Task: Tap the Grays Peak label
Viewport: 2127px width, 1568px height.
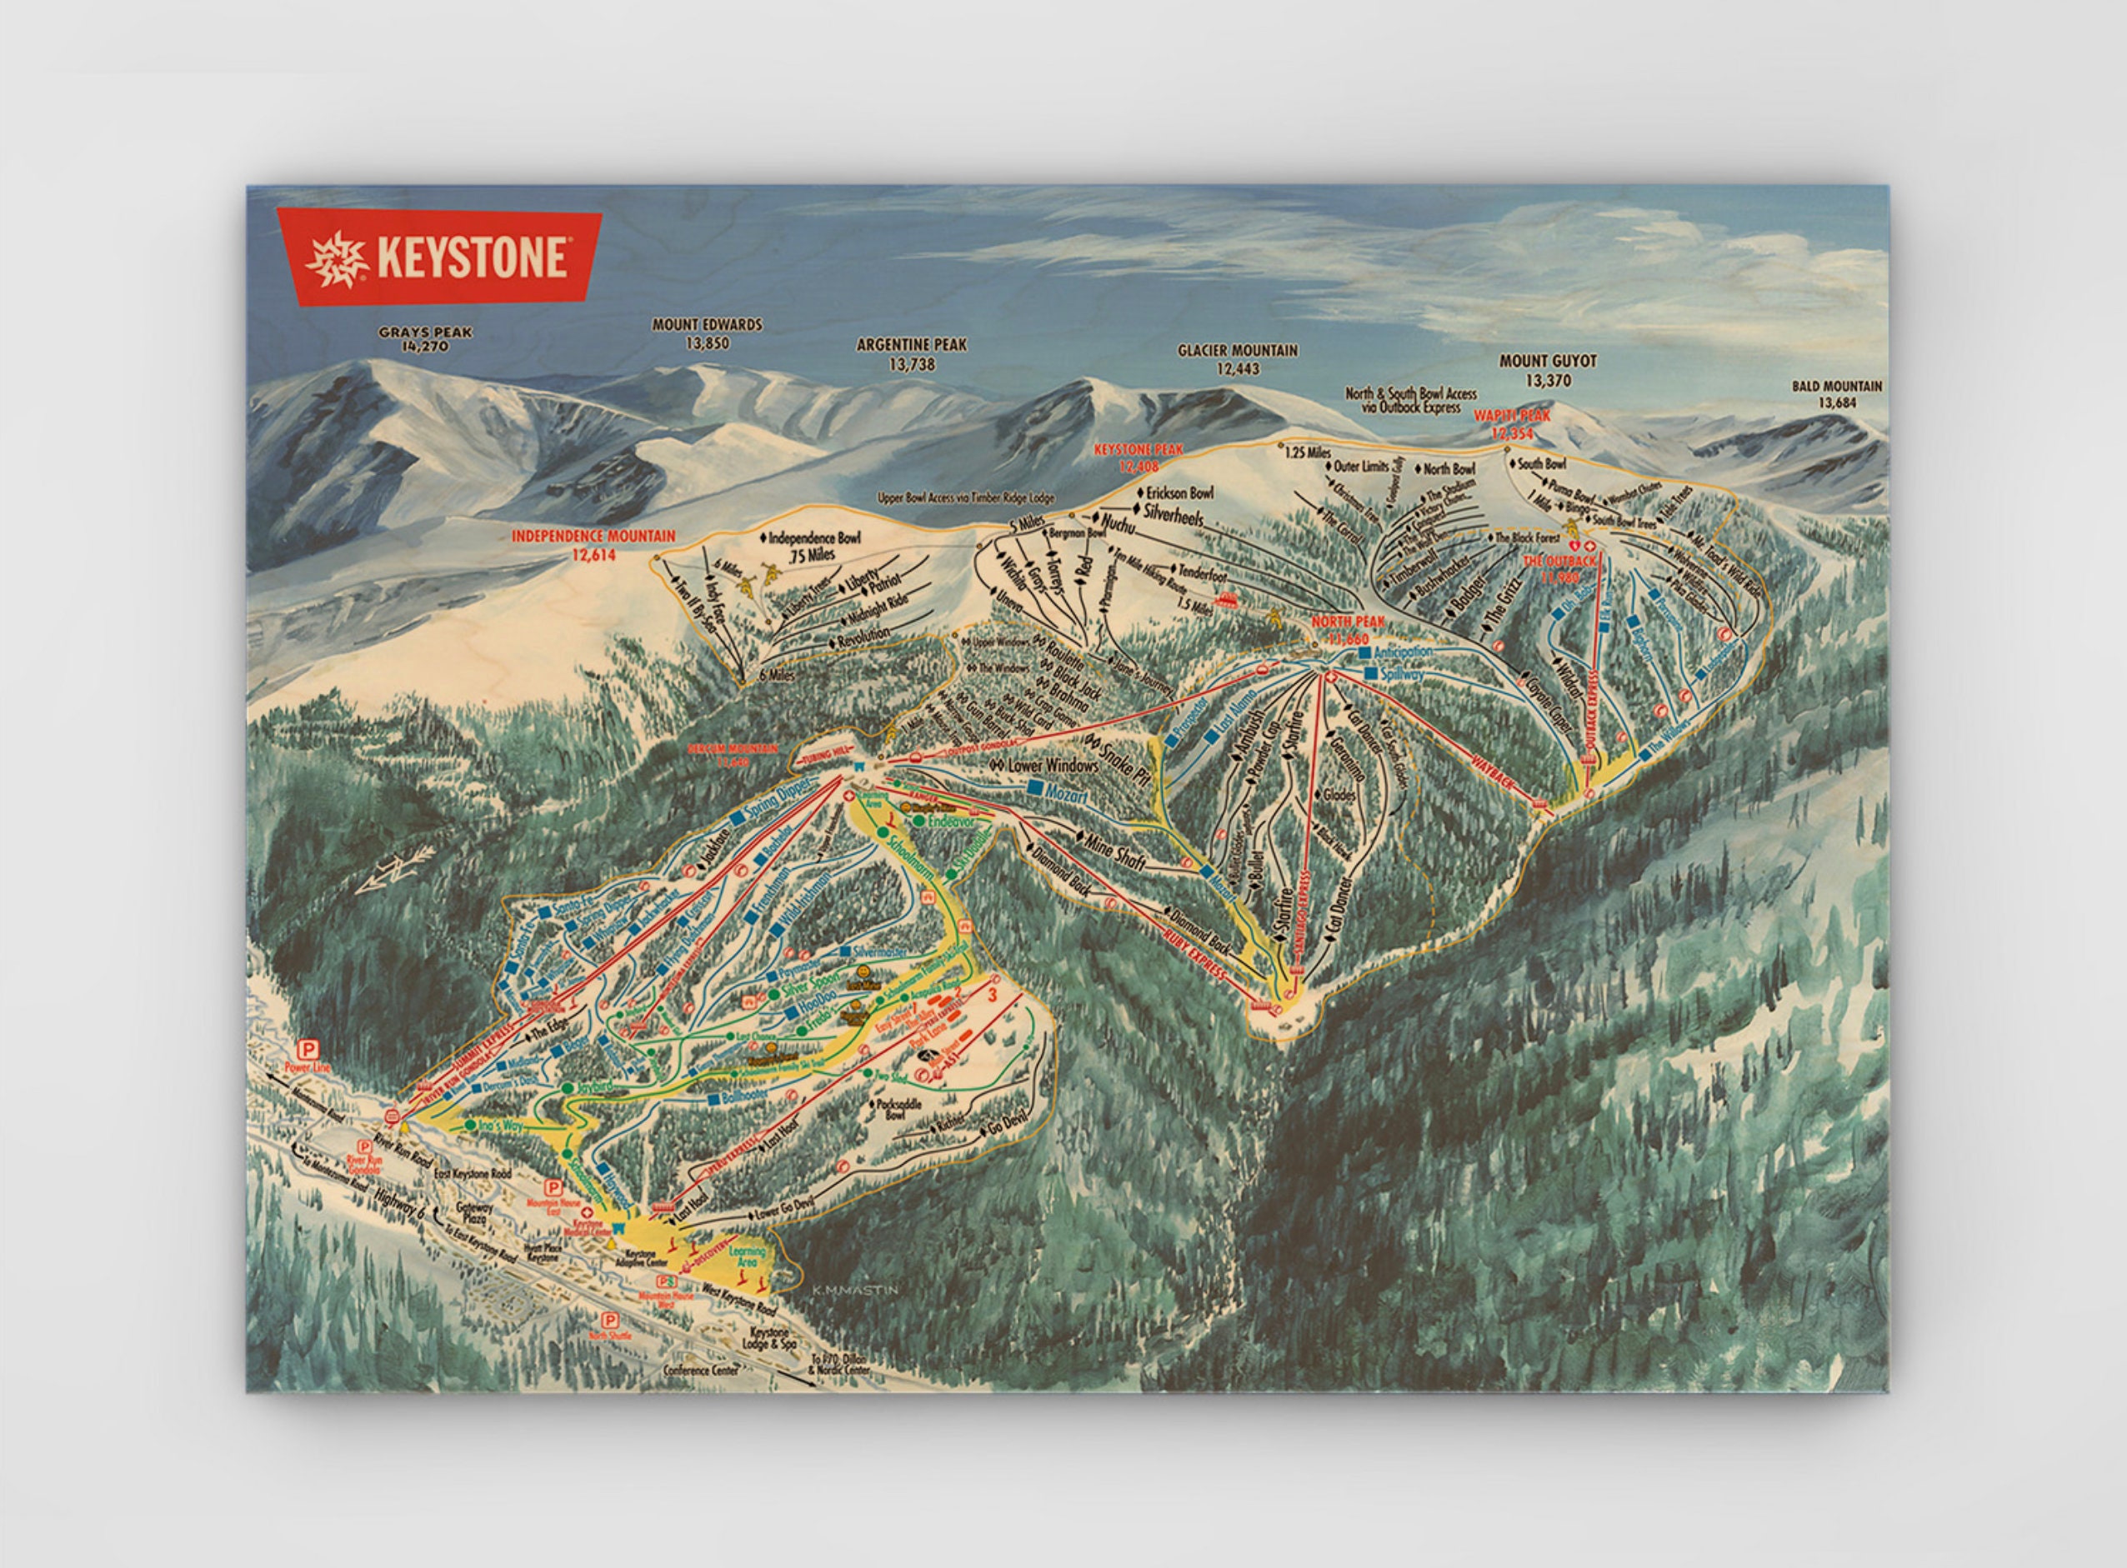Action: coord(424,339)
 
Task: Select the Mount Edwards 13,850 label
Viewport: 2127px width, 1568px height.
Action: coord(707,333)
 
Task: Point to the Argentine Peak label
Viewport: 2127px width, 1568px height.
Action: coord(912,354)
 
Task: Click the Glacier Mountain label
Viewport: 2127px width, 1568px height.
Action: coord(1237,359)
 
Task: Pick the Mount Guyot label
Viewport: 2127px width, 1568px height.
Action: coord(1548,370)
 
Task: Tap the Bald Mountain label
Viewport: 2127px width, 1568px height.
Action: coord(1836,394)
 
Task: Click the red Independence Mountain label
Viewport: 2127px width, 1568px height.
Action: coord(593,545)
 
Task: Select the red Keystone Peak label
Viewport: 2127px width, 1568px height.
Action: coord(1139,457)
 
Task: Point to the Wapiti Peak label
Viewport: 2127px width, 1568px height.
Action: coord(1512,424)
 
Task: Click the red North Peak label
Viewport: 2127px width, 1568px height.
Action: coord(1349,629)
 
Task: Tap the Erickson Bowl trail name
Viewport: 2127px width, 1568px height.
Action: coord(1179,493)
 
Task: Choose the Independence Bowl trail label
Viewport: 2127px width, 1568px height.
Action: coord(813,545)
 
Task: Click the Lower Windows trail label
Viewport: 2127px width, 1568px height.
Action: coord(1052,764)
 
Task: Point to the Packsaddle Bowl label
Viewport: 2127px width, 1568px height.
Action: coord(894,1109)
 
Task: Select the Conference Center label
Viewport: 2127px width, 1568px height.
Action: coord(701,1370)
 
